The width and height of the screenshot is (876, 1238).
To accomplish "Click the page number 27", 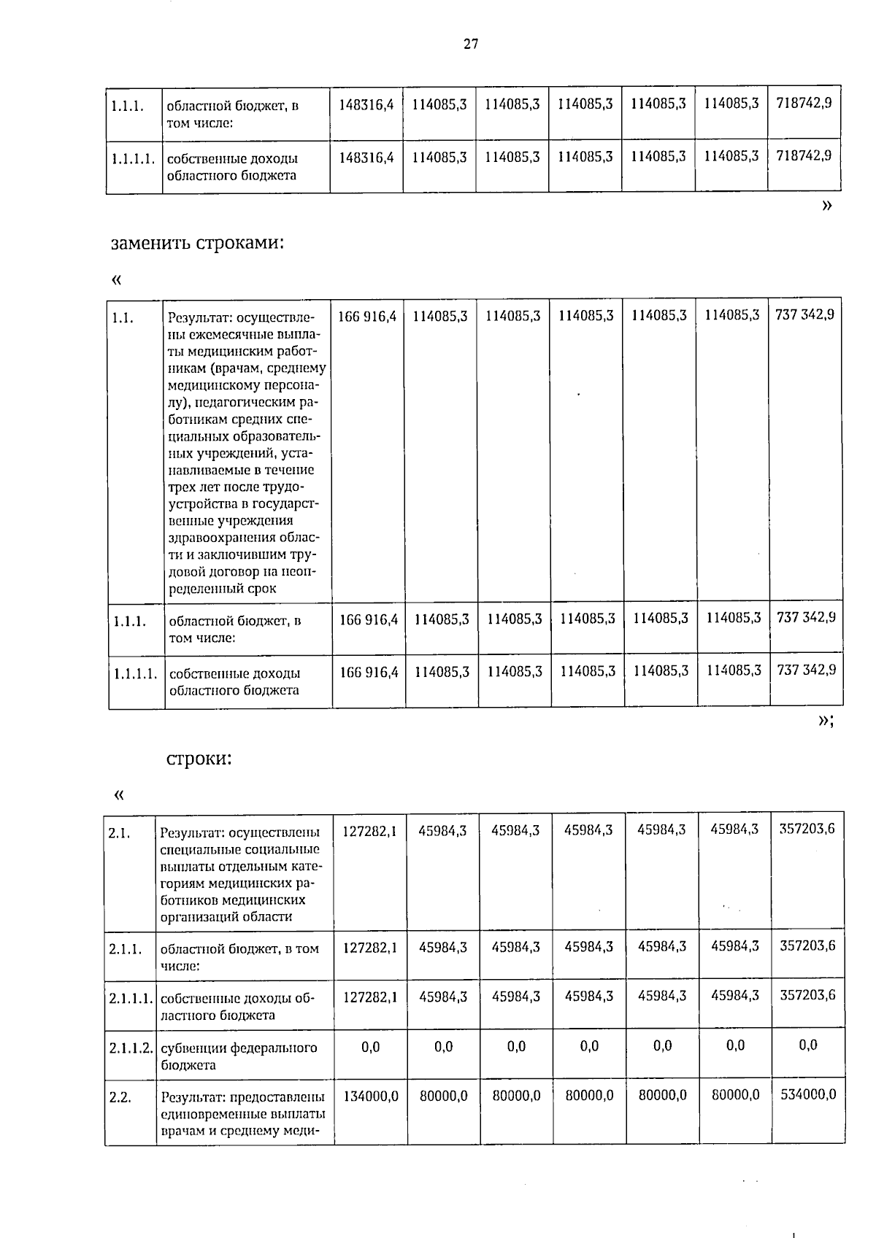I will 471,45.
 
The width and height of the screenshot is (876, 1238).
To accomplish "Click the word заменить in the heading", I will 150,243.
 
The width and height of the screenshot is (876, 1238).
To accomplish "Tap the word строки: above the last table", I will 199,759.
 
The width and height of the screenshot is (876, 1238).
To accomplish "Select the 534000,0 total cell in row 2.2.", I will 808,1094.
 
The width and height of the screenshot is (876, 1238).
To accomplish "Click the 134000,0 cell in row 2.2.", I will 370,1095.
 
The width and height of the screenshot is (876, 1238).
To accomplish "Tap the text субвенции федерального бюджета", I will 239,1056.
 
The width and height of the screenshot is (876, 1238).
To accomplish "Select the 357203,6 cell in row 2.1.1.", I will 807,946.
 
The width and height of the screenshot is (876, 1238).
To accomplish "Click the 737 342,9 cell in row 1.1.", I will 805,315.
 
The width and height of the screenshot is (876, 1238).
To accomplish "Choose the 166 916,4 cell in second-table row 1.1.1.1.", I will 369,671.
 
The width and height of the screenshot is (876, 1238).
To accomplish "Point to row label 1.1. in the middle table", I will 123,317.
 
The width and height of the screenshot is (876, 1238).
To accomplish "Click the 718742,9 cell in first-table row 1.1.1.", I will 804,104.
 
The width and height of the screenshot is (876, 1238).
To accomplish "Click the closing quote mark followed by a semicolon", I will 825,721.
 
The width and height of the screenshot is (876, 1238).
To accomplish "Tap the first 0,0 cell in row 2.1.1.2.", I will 370,1047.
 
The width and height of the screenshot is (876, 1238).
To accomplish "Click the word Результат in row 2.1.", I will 191,832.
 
